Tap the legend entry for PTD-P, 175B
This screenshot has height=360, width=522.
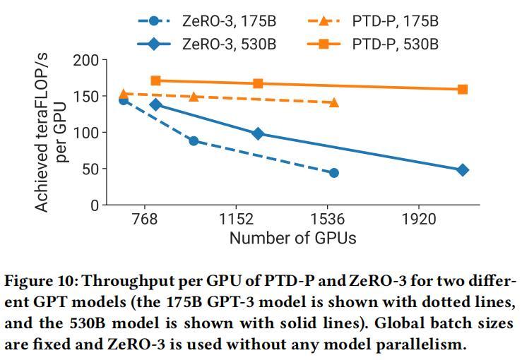click(x=396, y=21)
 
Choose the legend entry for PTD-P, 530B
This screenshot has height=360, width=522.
click(x=396, y=44)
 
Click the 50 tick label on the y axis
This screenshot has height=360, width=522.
click(x=89, y=169)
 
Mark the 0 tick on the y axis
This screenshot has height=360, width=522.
click(x=94, y=205)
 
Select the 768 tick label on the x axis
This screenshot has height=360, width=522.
click(x=144, y=220)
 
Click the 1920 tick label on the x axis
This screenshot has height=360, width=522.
click(x=419, y=220)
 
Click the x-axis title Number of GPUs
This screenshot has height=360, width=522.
click(x=292, y=238)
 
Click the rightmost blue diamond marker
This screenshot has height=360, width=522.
click(x=463, y=170)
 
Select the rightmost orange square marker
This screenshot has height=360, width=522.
click(x=463, y=90)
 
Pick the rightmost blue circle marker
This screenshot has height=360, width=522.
click(x=334, y=173)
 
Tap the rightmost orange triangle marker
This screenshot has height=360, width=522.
click(x=334, y=102)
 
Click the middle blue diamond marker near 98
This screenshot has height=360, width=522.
click(x=258, y=133)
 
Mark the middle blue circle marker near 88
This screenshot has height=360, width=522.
click(x=194, y=141)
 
